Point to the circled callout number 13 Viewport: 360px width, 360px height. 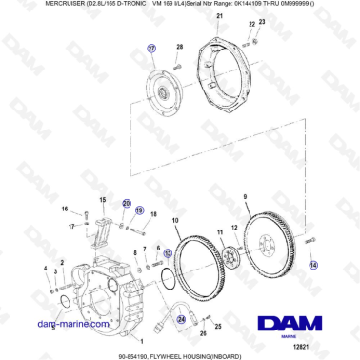[x=168, y=253]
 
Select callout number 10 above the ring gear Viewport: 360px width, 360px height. [x=174, y=221]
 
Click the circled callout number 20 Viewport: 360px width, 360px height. [x=126, y=203]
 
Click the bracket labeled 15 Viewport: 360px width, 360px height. [x=101, y=228]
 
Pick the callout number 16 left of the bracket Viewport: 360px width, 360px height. [x=65, y=210]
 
